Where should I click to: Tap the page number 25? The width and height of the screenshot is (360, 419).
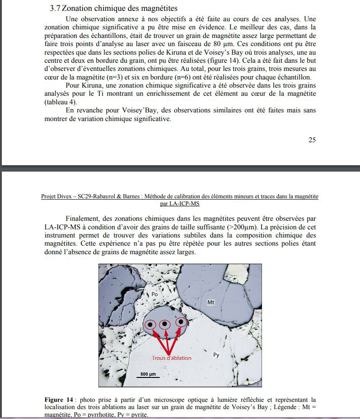(312, 140)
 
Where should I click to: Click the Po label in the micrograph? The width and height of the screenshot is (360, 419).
(154, 294)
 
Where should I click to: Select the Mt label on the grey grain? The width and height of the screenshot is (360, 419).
(211, 302)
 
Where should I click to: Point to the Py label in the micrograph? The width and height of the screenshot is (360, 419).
(216, 355)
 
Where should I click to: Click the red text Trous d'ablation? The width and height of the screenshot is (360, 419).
(172, 358)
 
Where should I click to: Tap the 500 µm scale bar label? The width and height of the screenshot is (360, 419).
(148, 375)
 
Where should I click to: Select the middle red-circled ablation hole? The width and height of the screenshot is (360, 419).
(165, 324)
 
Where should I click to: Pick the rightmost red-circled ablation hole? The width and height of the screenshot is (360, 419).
(182, 322)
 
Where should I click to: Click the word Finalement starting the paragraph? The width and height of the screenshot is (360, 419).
(84, 219)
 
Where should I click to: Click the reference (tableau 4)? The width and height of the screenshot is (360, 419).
(61, 102)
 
